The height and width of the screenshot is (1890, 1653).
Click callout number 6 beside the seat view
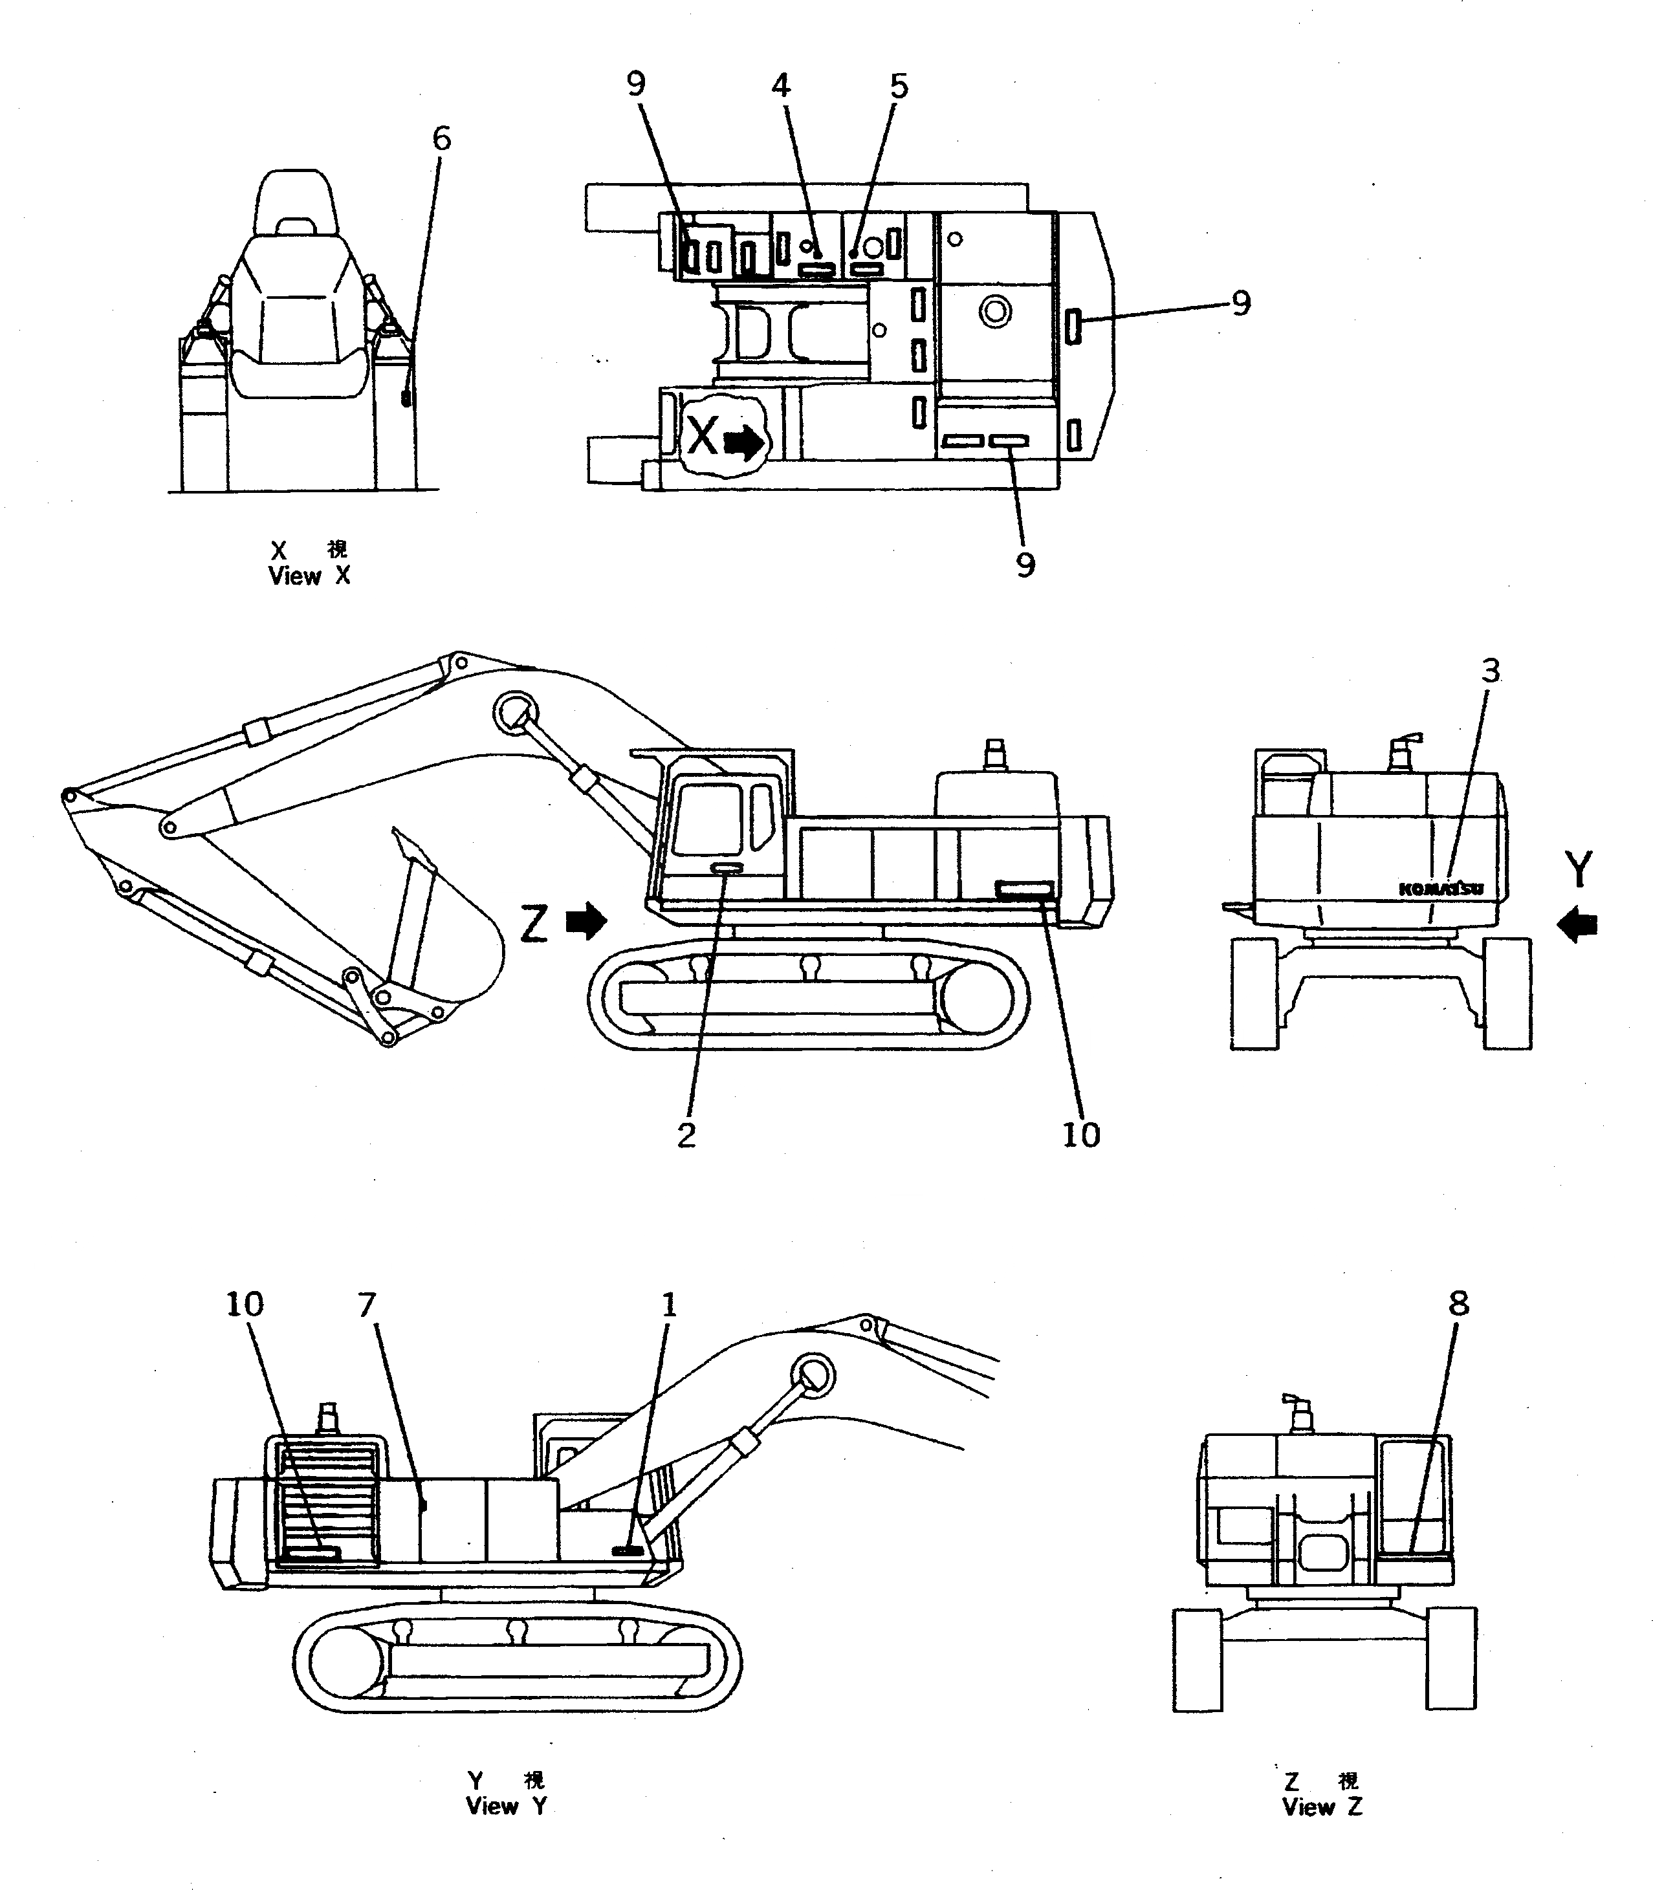click(x=442, y=139)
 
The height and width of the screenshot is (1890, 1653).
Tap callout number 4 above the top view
click(x=780, y=86)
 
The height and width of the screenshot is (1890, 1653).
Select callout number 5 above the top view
click(x=899, y=86)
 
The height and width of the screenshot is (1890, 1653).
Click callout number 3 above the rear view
click(x=1491, y=671)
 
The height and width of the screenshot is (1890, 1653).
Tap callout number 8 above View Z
click(x=1458, y=1303)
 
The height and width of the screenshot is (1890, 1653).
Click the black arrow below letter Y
click(x=1577, y=924)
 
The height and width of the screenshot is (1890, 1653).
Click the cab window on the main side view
click(x=708, y=818)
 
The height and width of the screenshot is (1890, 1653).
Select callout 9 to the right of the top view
click(x=1241, y=303)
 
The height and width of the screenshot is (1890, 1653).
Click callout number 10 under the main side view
click(x=1081, y=1135)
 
